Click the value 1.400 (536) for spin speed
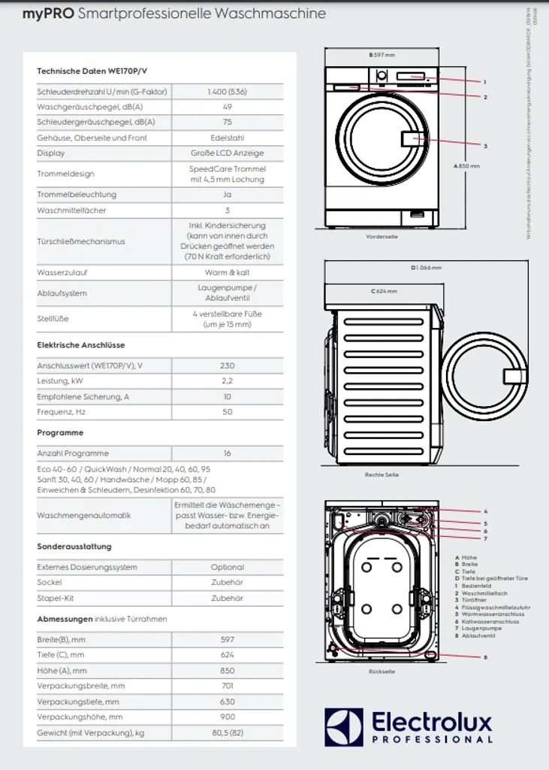(x=227, y=92)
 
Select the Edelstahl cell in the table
(x=227, y=138)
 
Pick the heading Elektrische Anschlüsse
(x=81, y=345)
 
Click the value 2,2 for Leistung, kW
(x=227, y=381)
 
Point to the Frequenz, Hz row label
(x=62, y=412)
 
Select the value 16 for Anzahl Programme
(x=227, y=453)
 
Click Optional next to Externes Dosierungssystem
(x=227, y=567)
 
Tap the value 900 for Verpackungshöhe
(x=227, y=717)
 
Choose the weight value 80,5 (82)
(x=227, y=732)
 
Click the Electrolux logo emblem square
(x=344, y=727)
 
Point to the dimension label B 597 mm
(x=382, y=55)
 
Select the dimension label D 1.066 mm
(x=426, y=268)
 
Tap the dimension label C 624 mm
(x=384, y=291)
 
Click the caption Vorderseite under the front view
(x=382, y=237)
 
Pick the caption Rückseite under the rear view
(x=382, y=671)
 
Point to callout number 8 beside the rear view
(x=485, y=657)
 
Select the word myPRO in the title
(x=48, y=14)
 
